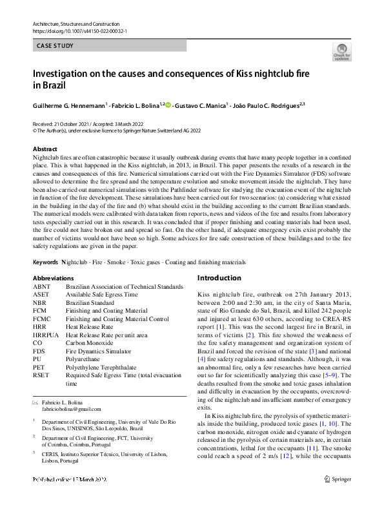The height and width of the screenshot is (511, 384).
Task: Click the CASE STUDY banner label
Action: pos(55,46)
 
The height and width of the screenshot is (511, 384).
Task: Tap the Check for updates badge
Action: pos(341,52)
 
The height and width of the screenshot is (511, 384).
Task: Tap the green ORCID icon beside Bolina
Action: pos(169,104)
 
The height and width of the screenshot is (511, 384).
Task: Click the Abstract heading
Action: pos(45,149)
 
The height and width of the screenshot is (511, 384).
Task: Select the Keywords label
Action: pos(46,262)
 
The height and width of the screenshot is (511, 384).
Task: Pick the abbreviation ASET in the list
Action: pos(41,295)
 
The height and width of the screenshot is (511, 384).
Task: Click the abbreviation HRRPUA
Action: pos(45,335)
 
